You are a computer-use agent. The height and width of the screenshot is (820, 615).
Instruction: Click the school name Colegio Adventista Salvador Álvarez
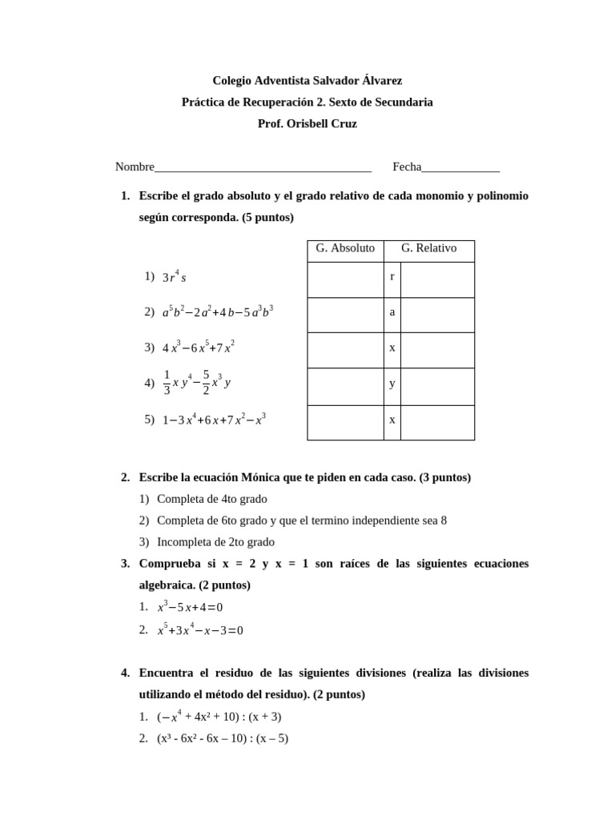click(x=307, y=81)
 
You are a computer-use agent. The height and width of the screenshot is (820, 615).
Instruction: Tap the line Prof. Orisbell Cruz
click(x=307, y=124)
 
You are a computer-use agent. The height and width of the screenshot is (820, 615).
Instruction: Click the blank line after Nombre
click(x=263, y=168)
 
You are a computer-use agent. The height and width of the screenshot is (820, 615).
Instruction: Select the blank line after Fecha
click(x=460, y=168)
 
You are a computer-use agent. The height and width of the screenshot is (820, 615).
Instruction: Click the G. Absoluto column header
click(x=345, y=248)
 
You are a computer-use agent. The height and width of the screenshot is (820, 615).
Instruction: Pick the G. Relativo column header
click(x=429, y=248)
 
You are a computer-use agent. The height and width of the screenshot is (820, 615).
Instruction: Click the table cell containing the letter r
click(x=392, y=276)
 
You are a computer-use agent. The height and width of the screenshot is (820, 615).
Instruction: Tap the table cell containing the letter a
click(x=392, y=312)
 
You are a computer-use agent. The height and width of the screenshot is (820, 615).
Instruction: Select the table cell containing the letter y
click(x=392, y=383)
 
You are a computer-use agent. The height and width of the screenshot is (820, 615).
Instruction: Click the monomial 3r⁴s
click(x=174, y=277)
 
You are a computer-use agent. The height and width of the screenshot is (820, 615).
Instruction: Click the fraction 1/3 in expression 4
click(x=167, y=383)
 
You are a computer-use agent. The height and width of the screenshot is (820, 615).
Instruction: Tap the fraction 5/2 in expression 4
click(x=206, y=383)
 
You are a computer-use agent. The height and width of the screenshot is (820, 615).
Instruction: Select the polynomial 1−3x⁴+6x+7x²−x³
click(x=214, y=420)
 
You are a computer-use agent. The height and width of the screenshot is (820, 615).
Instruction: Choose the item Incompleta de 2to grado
click(x=215, y=542)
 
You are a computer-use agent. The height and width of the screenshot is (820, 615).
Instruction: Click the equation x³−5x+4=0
click(x=190, y=607)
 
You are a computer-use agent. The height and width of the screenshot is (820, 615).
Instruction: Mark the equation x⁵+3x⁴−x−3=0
click(x=200, y=630)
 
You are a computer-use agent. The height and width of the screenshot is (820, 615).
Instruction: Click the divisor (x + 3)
click(x=265, y=717)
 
